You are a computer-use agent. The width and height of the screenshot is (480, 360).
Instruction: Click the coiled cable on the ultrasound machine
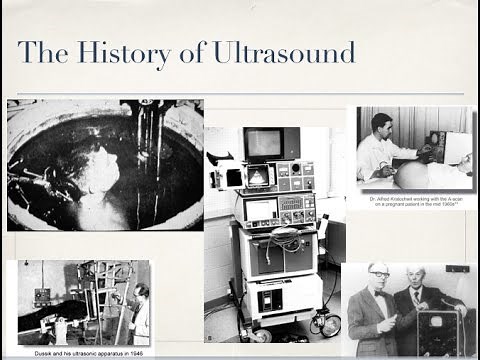[x=282, y=241]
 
